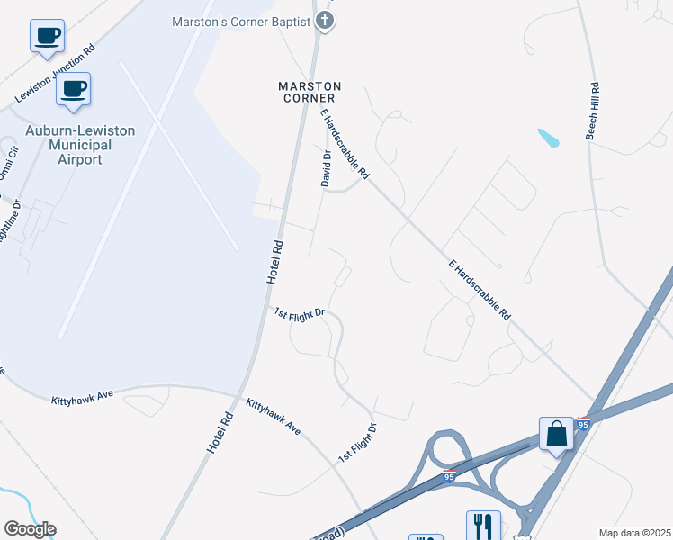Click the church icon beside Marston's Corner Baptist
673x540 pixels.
pyautogui.click(x=326, y=21)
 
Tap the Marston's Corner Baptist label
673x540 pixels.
pyautogui.click(x=242, y=22)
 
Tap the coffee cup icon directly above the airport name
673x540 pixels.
pyautogui.click(x=74, y=90)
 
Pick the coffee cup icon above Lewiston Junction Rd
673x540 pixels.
pyautogui.click(x=47, y=37)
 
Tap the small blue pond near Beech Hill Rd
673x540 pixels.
pyautogui.click(x=548, y=139)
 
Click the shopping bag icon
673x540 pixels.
pyautogui.click(x=557, y=434)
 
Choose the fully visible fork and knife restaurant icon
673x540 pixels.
pyautogui.click(x=483, y=526)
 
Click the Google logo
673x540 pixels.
pyautogui.click(x=30, y=529)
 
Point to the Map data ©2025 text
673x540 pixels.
pyautogui.click(x=634, y=533)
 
